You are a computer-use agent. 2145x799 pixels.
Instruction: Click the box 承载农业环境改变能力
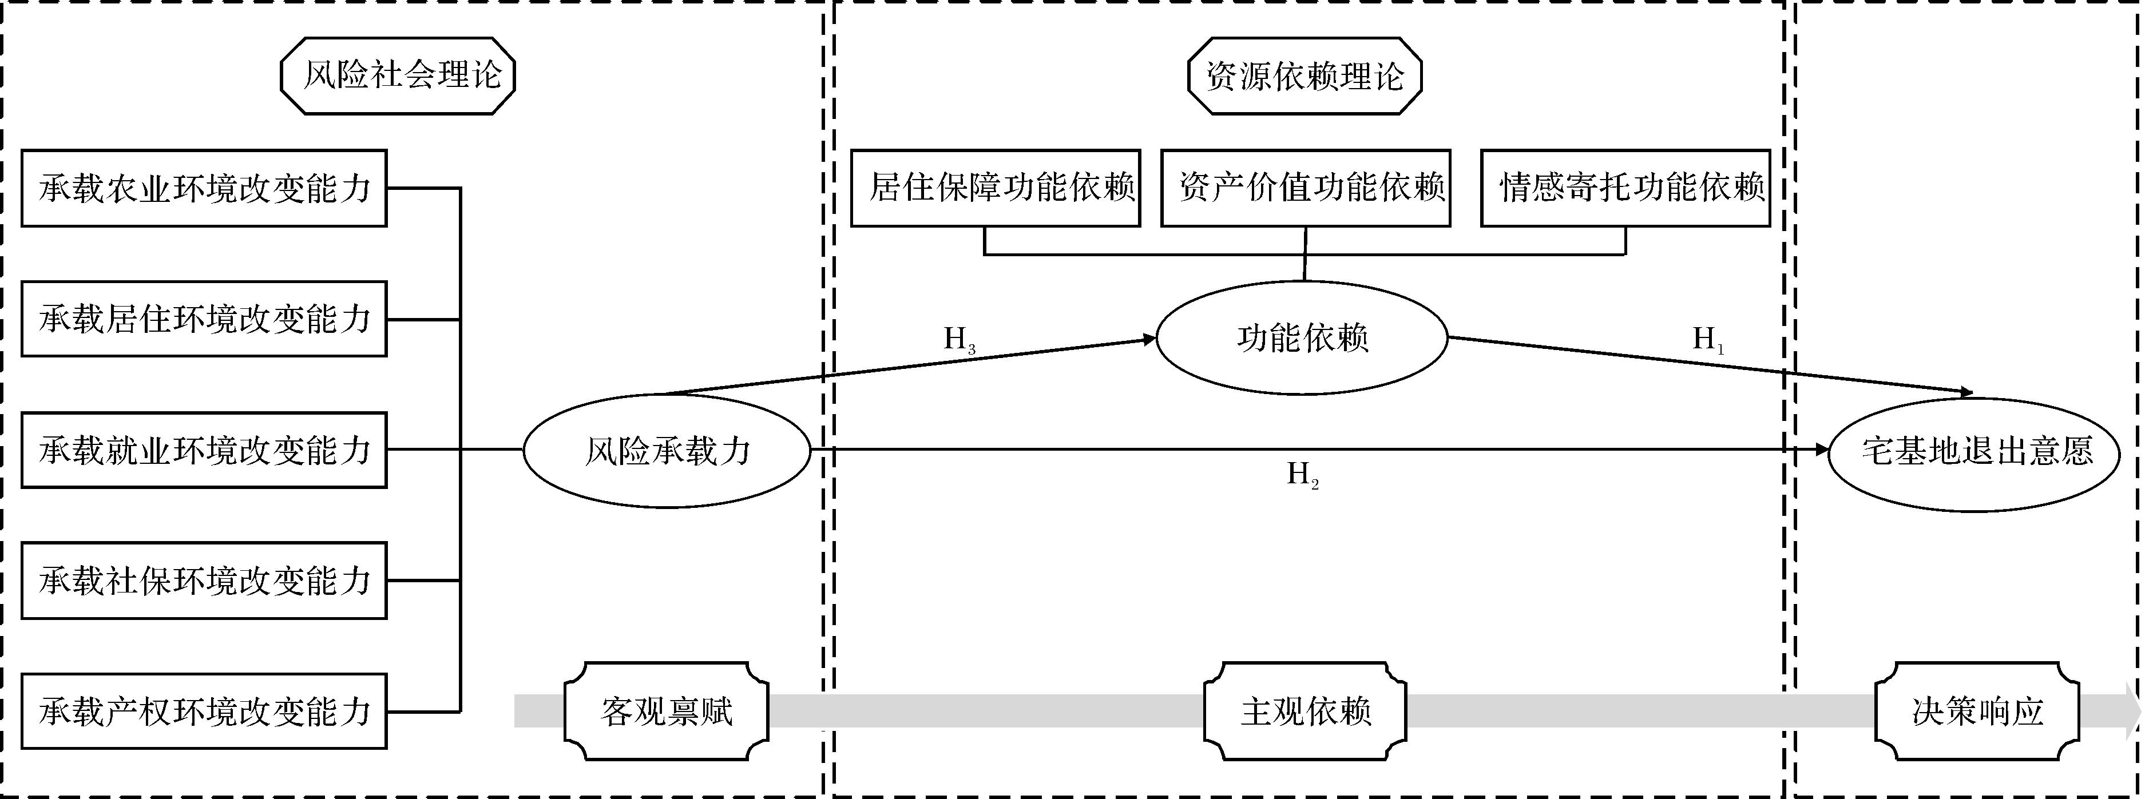coord(204,188)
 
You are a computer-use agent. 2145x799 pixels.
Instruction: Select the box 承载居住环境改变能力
coord(204,319)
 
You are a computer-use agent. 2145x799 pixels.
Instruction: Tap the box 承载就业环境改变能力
coord(204,450)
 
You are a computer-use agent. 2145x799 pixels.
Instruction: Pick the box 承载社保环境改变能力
coord(204,580)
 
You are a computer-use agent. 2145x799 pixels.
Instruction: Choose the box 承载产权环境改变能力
coord(204,711)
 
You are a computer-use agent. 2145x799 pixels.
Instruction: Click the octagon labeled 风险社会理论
coord(398,75)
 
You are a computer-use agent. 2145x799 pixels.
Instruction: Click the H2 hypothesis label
coord(1302,475)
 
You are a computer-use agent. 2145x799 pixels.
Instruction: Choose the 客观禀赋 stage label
coord(666,711)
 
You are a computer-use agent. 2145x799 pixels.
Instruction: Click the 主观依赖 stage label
coord(1305,711)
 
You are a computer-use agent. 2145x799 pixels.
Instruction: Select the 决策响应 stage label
coord(1977,711)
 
